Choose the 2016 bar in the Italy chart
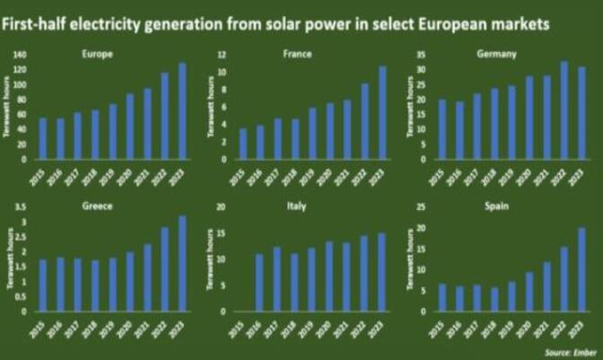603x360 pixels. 260,283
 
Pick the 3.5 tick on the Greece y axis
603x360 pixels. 22,206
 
